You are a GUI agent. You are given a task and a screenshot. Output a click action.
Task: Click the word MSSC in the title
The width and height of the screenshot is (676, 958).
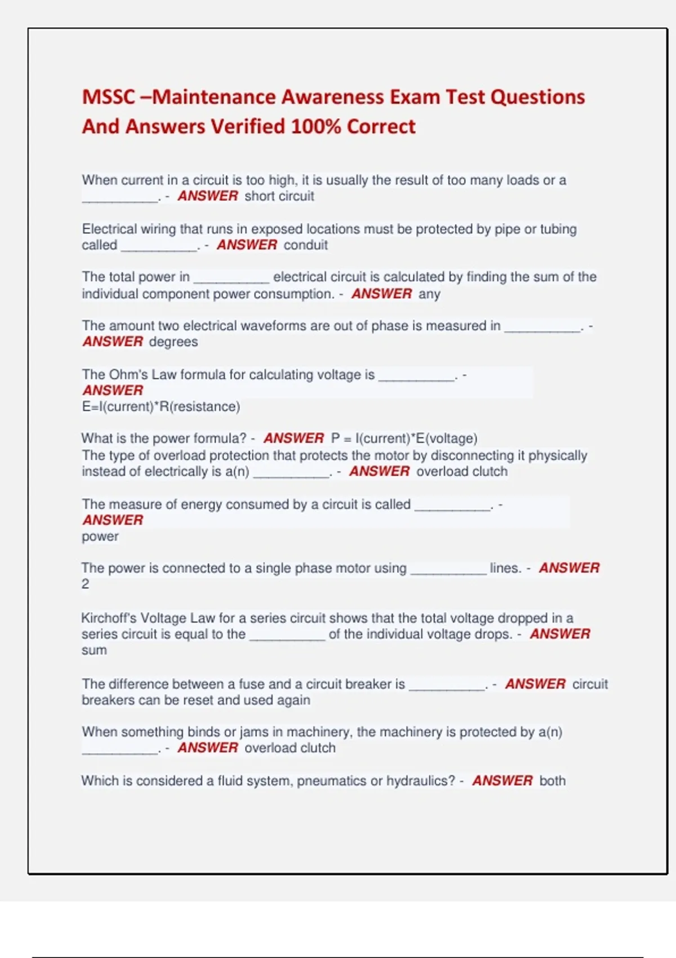(108, 97)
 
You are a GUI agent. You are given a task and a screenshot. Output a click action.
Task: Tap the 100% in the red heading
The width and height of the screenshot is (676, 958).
(316, 126)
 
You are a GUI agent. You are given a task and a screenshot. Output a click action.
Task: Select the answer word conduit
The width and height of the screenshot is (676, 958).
(305, 245)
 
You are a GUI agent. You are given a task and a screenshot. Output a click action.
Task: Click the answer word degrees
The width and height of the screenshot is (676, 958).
(173, 342)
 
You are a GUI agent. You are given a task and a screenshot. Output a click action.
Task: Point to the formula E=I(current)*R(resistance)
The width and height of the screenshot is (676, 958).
(161, 407)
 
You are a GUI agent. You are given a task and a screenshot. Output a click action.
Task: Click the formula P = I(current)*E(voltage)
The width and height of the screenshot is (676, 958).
(404, 438)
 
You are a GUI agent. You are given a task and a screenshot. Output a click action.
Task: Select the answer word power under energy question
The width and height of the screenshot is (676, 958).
(100, 536)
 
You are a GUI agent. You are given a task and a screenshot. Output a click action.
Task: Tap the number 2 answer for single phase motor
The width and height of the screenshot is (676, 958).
(85, 584)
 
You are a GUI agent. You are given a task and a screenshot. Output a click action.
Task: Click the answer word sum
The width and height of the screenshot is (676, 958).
(94, 650)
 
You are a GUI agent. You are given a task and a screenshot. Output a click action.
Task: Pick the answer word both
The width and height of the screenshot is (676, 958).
(552, 781)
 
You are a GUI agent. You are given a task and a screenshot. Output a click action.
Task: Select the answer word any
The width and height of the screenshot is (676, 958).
(429, 294)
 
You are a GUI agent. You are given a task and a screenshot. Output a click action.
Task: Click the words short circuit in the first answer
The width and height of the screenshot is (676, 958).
(279, 196)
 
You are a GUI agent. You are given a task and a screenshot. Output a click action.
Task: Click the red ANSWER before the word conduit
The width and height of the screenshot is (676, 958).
(247, 245)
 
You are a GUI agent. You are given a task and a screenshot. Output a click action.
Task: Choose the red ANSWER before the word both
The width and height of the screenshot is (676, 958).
(502, 781)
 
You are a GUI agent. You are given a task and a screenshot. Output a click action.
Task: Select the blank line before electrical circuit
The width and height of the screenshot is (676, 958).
(231, 278)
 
